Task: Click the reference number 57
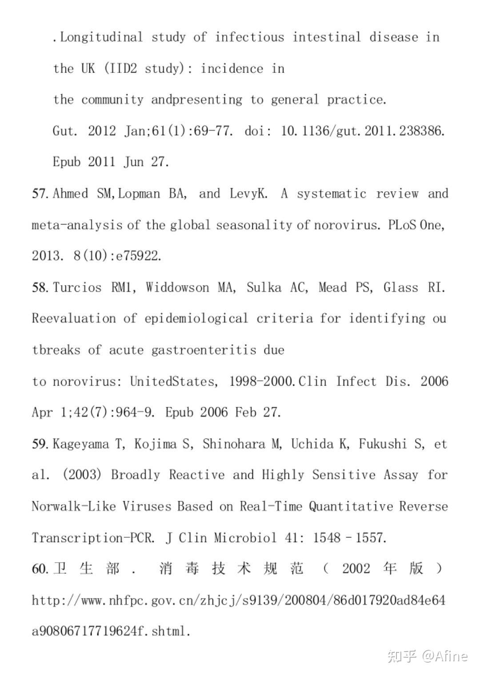pyautogui.click(x=40, y=194)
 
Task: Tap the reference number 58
pyautogui.click(x=40, y=288)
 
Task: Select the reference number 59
pyautogui.click(x=40, y=444)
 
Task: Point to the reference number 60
pyautogui.click(x=40, y=569)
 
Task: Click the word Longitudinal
pyautogui.click(x=101, y=37)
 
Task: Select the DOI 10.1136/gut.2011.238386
pyautogui.click(x=363, y=131)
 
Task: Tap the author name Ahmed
pyautogui.click(x=70, y=194)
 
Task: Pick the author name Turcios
pyautogui.click(x=77, y=288)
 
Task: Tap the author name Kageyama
pyautogui.click(x=81, y=444)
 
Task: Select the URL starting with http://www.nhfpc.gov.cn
pyautogui.click(x=238, y=601)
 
